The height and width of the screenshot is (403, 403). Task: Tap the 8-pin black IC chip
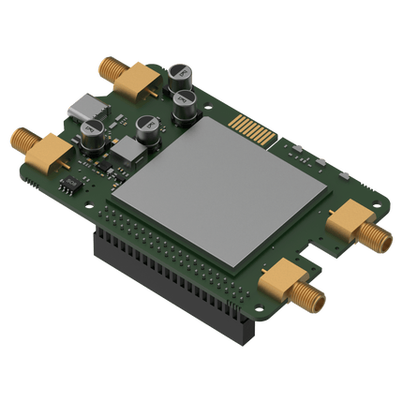point(69,187)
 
